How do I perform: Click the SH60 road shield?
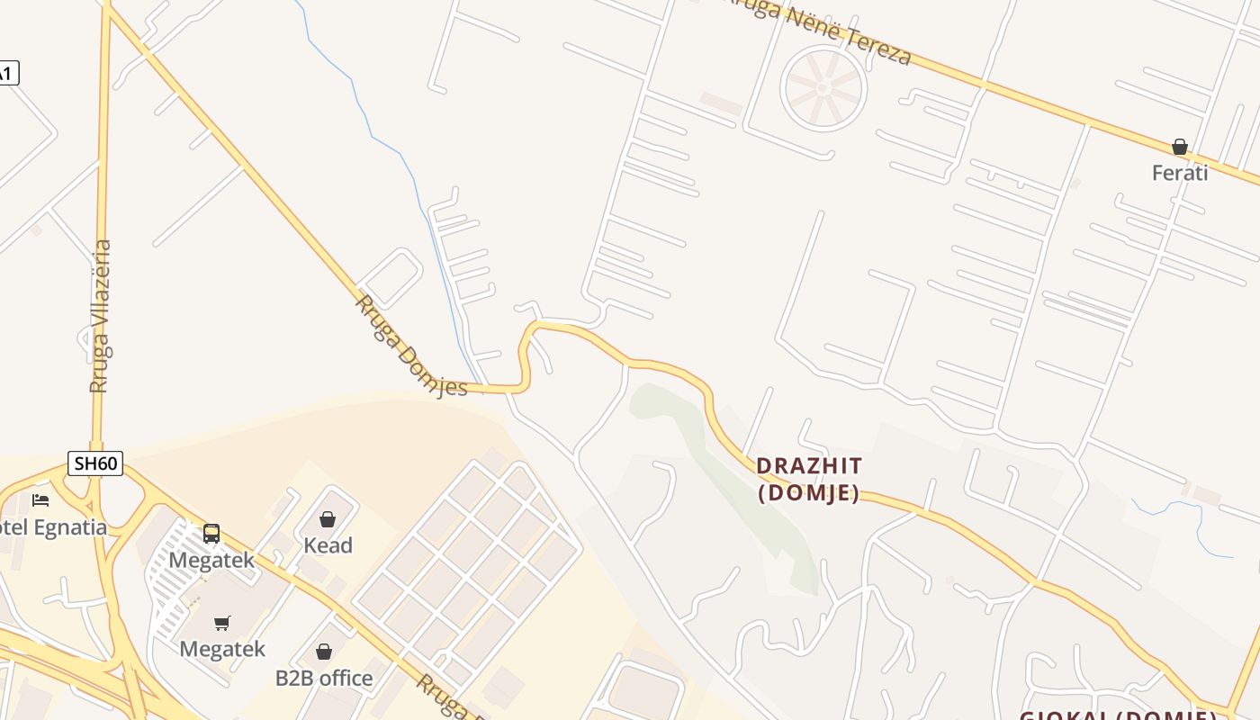pyautogui.click(x=95, y=464)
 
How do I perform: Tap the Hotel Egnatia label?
pyautogui.click(x=54, y=527)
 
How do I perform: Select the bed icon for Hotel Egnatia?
pyautogui.click(x=40, y=499)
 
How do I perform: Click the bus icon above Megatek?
pyautogui.click(x=211, y=534)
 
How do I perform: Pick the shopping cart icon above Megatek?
pyautogui.click(x=222, y=623)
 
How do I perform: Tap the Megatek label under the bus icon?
pyautogui.click(x=212, y=561)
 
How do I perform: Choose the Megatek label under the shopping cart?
pyautogui.click(x=222, y=649)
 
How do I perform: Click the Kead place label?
pyautogui.click(x=328, y=545)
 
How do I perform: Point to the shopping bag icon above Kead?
pyautogui.click(x=328, y=519)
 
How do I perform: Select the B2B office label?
pyautogui.click(x=324, y=678)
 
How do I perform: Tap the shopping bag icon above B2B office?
pyautogui.click(x=324, y=651)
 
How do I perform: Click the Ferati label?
pyautogui.click(x=1180, y=173)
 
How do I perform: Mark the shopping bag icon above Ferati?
pyautogui.click(x=1180, y=147)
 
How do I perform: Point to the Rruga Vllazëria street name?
pyautogui.click(x=100, y=315)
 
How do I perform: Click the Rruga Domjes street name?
pyautogui.click(x=411, y=346)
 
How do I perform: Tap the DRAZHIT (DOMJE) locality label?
pyautogui.click(x=809, y=479)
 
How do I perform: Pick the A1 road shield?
pyautogui.click(x=5, y=74)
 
